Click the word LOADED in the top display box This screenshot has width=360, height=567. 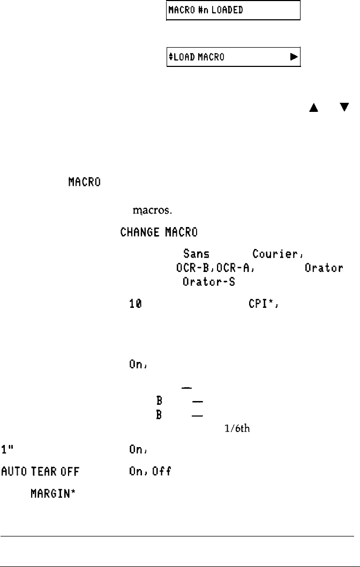pyautogui.click(x=221, y=10)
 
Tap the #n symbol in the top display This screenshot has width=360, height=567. pyautogui.click(x=198, y=10)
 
